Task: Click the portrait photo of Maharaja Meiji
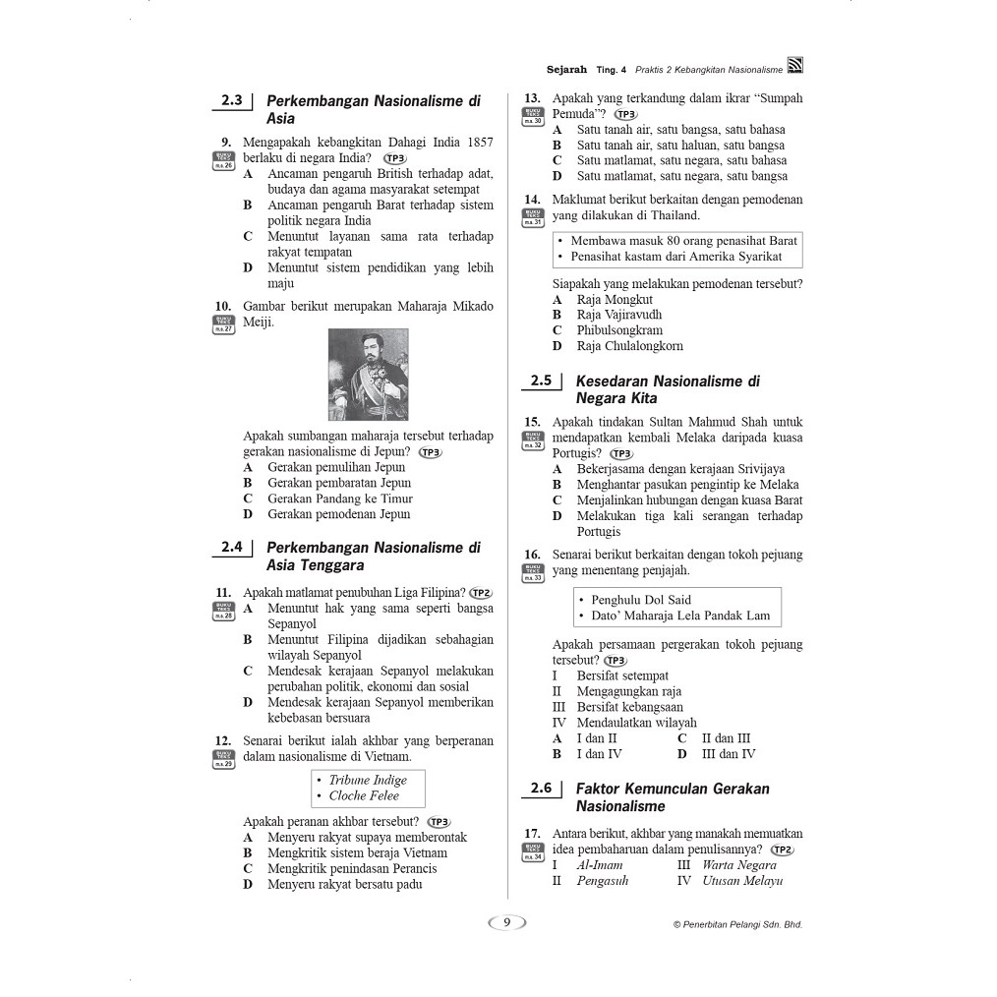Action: [x=368, y=375]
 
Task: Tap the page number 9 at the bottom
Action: [x=506, y=922]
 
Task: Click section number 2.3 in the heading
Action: [x=232, y=100]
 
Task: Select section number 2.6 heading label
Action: [x=541, y=788]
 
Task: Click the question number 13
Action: [x=532, y=98]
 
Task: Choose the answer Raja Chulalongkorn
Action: [x=629, y=346]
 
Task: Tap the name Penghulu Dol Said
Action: [x=641, y=600]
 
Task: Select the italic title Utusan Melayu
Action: [x=742, y=881]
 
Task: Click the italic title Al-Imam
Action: [x=600, y=865]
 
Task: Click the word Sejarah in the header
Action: [x=566, y=70]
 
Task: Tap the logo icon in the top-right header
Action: [x=794, y=67]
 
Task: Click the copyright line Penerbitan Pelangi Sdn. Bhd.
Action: [x=737, y=924]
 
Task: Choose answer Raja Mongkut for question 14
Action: [x=615, y=300]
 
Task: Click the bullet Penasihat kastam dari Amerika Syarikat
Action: [x=676, y=257]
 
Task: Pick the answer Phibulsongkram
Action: [x=619, y=330]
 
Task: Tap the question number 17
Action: [x=532, y=834]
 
